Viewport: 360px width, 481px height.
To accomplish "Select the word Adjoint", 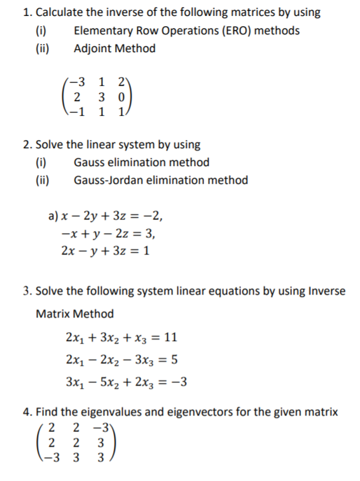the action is pyautogui.click(x=93, y=48).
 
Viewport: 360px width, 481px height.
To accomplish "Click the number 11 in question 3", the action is pyautogui.click(x=170, y=337).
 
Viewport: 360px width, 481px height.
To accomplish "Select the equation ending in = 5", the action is pyautogui.click(x=121, y=359).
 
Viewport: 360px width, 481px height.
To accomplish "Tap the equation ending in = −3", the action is pyautogui.click(x=126, y=382).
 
